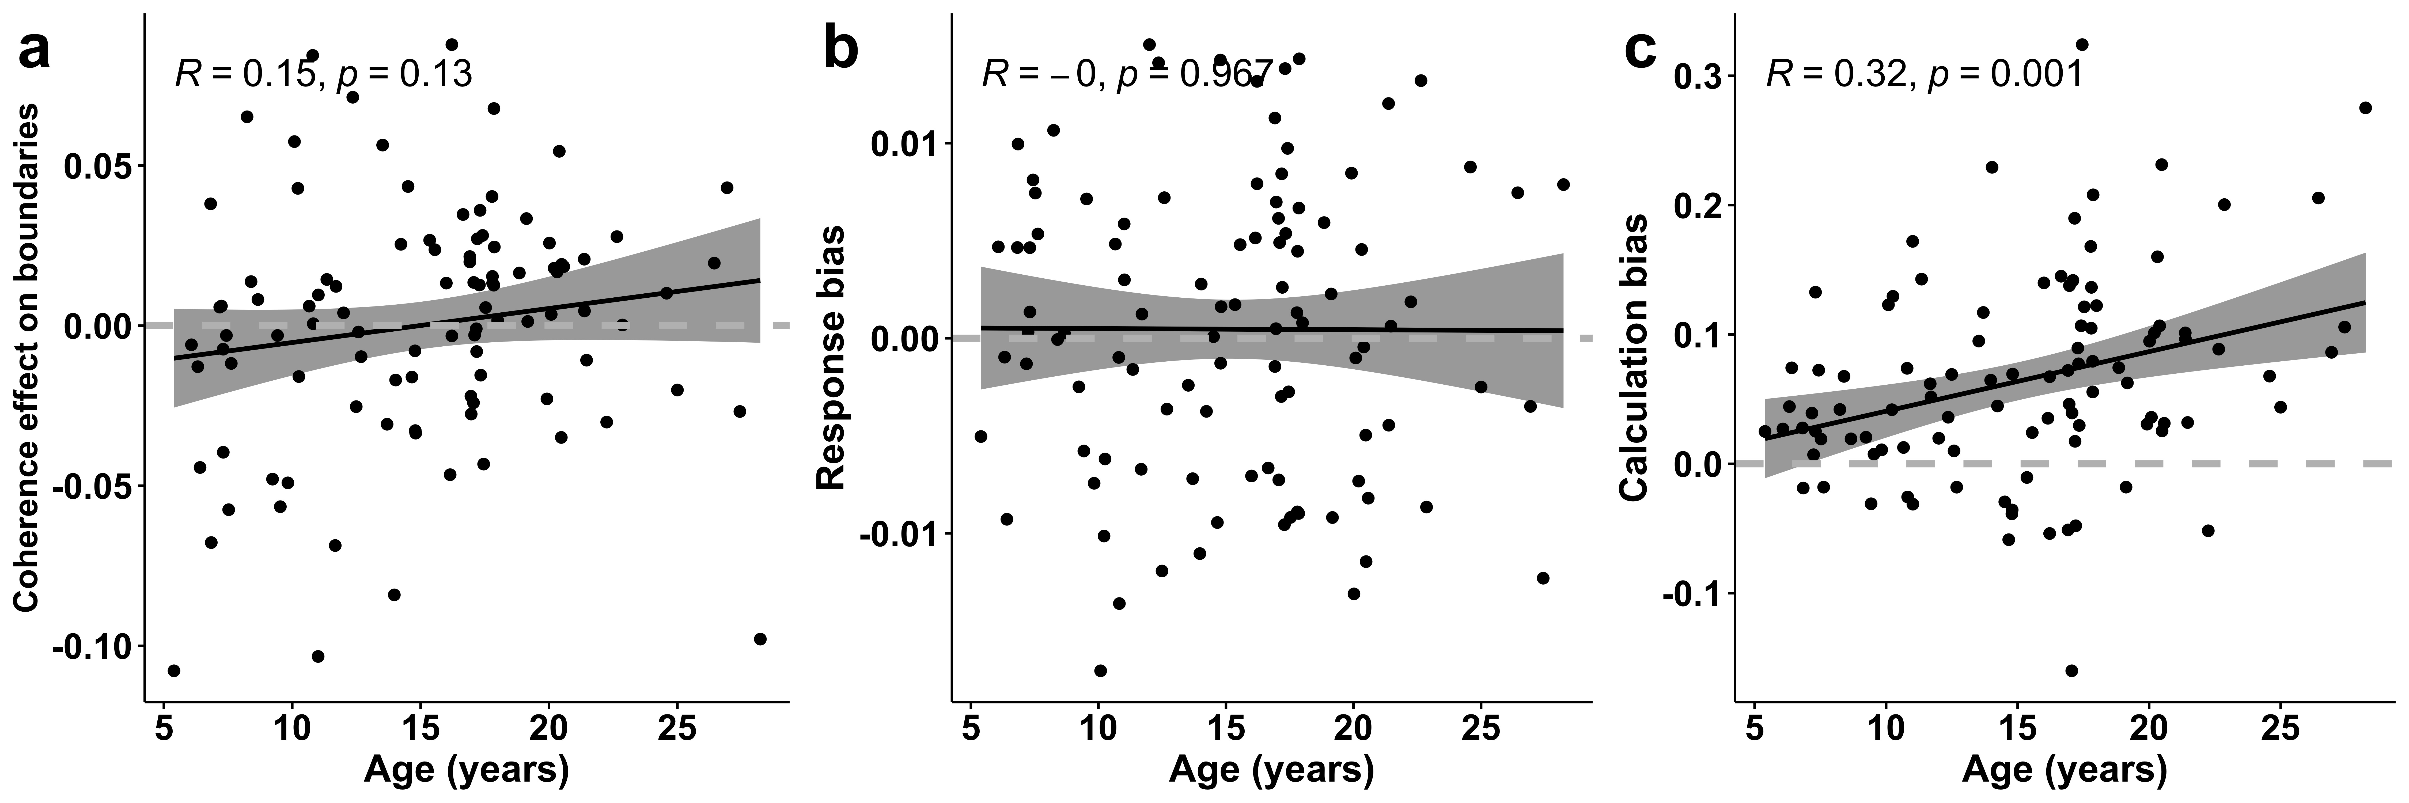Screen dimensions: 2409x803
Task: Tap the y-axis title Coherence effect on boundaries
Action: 28,358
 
